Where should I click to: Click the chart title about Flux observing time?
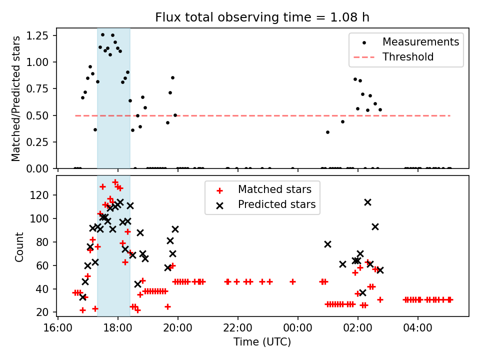pos(262,18)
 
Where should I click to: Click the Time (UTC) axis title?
pos(262,342)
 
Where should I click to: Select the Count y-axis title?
pos(19,246)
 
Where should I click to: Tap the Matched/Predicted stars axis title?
pos(16,98)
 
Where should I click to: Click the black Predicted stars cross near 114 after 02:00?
pos(367,202)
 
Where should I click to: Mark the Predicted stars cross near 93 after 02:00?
pos(375,227)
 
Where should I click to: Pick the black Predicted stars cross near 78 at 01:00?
pos(327,244)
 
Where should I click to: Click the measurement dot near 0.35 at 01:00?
pos(327,132)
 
